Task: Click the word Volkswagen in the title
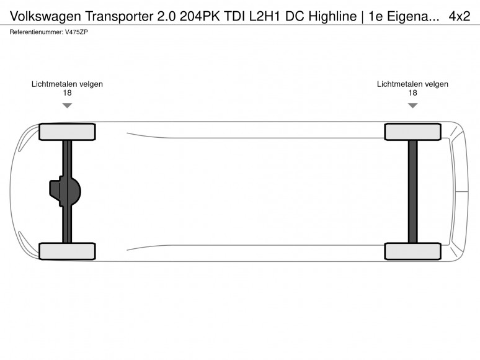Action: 46,17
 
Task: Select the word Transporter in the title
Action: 120,16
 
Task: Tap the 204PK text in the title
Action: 200,16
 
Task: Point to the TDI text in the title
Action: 234,16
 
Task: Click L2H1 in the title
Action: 264,16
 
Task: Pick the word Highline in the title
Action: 332,17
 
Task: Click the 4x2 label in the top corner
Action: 459,16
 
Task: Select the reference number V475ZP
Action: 76,32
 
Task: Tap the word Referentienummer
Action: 36,32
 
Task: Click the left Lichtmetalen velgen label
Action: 67,84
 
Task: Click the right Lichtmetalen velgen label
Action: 412,84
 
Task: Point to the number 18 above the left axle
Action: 67,93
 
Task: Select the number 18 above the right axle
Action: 412,93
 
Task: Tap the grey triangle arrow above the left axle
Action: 67,105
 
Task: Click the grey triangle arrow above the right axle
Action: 412,105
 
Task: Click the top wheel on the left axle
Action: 67,132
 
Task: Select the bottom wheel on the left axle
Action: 67,251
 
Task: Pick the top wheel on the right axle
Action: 412,132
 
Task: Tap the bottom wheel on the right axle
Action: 412,251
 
